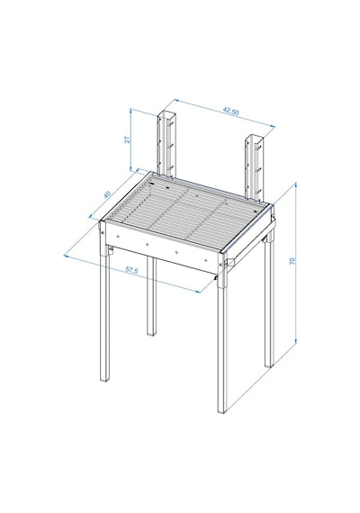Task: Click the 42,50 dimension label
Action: (x=231, y=112)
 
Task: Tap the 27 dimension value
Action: (x=128, y=139)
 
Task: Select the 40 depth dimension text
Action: (x=107, y=194)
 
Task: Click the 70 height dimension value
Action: (x=292, y=261)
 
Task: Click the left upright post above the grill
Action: (x=166, y=145)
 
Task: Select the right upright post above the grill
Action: (x=254, y=168)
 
